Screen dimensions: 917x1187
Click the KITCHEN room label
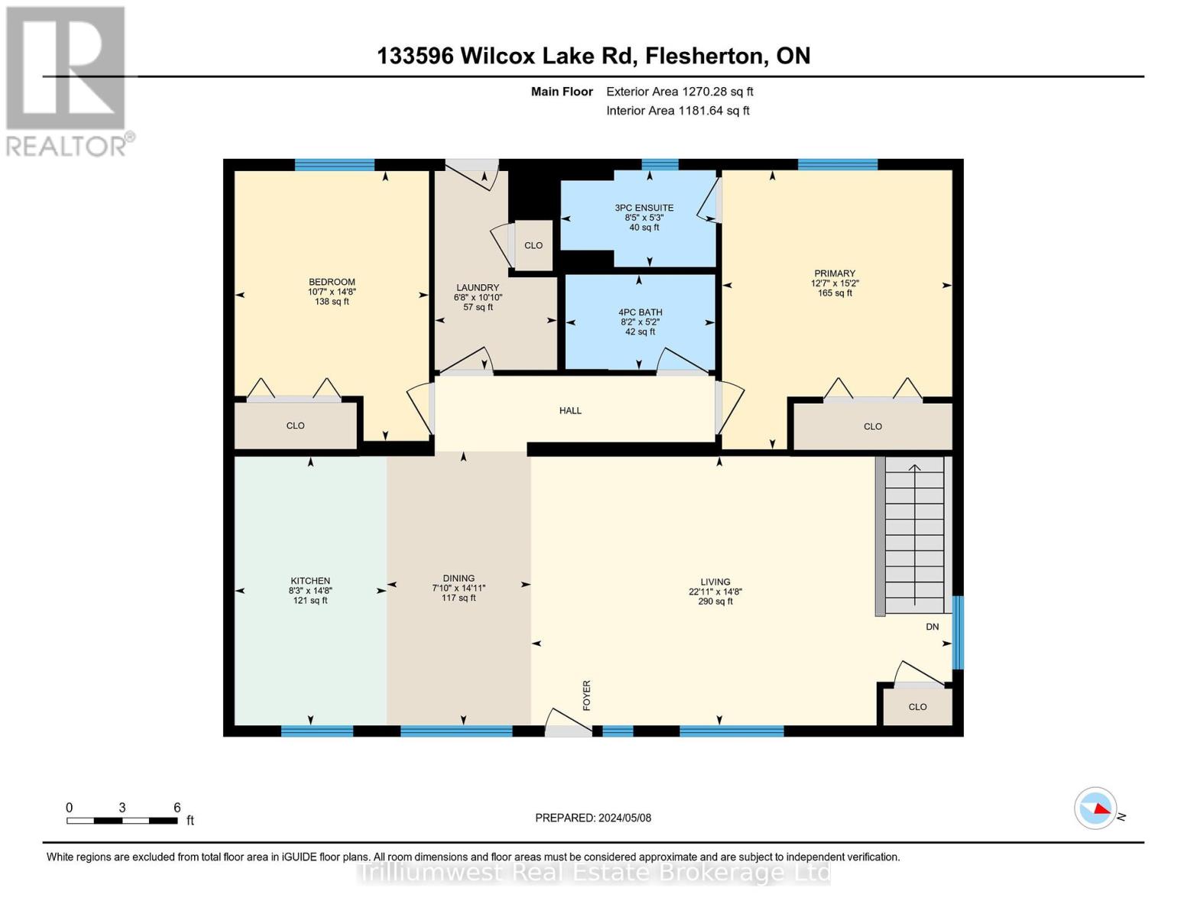pyautogui.click(x=310, y=581)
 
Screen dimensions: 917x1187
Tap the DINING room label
pyautogui.click(x=459, y=578)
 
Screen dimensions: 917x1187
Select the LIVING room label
pyautogui.click(x=715, y=582)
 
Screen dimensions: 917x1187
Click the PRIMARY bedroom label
pyautogui.click(x=835, y=274)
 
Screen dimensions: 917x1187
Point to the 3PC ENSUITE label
pyautogui.click(x=644, y=208)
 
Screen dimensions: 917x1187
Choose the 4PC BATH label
pyautogui.click(x=641, y=313)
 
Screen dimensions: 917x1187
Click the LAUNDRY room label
pyautogui.click(x=478, y=288)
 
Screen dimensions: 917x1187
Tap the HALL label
pyautogui.click(x=570, y=410)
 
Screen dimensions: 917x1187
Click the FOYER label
pyautogui.click(x=587, y=695)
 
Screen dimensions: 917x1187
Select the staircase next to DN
pyautogui.click(x=914, y=535)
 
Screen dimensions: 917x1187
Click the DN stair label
pyautogui.click(x=932, y=627)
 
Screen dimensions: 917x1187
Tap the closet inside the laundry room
pyautogui.click(x=534, y=245)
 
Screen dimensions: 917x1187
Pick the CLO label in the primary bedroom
pyautogui.click(x=873, y=426)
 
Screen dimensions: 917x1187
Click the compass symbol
pyautogui.click(x=1095, y=808)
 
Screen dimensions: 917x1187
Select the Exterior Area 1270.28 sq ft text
pyautogui.click(x=679, y=92)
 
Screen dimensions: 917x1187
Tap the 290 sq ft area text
pyautogui.click(x=715, y=601)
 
